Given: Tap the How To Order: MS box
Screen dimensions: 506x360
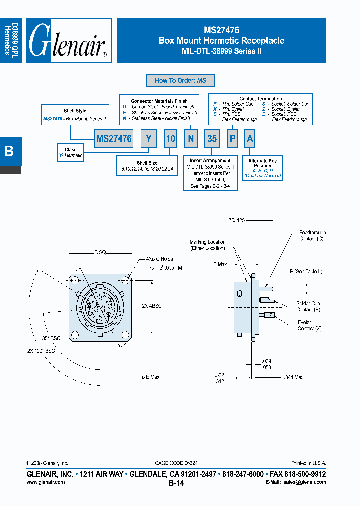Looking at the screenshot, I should tap(180, 80).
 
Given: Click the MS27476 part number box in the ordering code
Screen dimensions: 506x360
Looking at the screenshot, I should tap(114, 139).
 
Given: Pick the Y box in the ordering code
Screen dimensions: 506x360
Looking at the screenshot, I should tap(148, 139).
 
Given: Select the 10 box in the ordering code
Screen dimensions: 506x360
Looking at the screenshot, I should tap(170, 139).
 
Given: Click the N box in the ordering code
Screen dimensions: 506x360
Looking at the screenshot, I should tap(190, 139).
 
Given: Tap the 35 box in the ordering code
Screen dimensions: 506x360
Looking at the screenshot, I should tap(212, 139).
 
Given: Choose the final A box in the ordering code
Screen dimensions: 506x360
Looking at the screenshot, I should tap(250, 139).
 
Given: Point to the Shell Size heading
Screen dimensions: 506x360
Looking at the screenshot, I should tap(146, 163).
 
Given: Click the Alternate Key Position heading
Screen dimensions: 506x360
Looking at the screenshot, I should tap(262, 163).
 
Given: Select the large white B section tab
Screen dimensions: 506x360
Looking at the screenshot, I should tap(9, 151).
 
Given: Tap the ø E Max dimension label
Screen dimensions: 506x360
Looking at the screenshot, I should tap(148, 377).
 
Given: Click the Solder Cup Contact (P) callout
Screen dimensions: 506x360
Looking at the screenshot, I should tap(308, 306).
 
